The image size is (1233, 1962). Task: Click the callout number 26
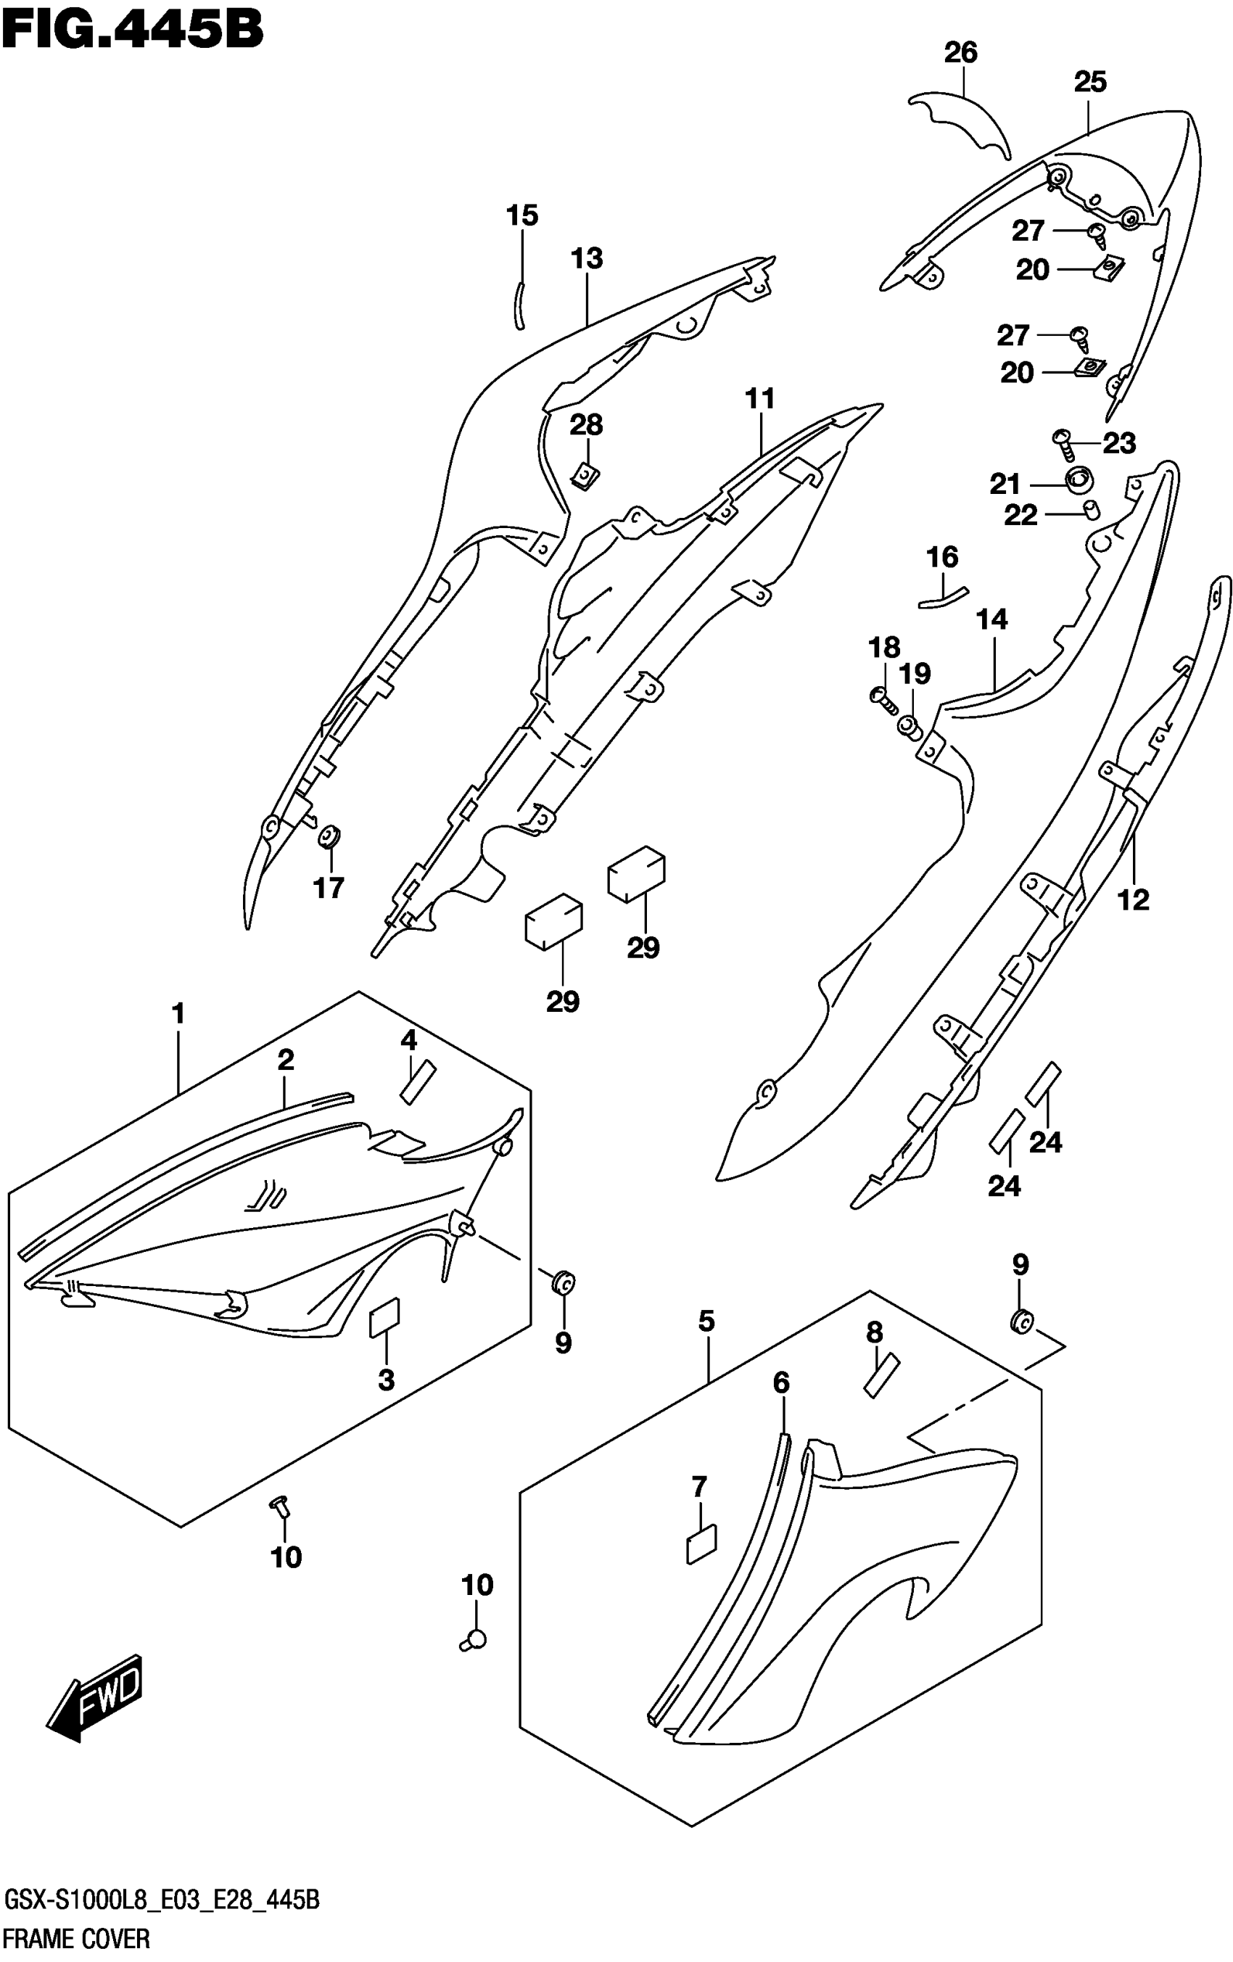click(x=960, y=53)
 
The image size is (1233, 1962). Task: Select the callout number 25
click(x=1089, y=82)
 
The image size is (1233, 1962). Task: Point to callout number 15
click(x=521, y=216)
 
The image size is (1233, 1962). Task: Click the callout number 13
click(x=587, y=259)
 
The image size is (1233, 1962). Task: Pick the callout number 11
click(x=759, y=399)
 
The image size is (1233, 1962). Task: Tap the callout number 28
click(x=586, y=424)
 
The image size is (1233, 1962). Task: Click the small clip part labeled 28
click(x=585, y=475)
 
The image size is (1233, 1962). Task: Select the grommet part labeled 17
click(x=330, y=836)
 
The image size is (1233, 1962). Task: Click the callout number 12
click(x=1133, y=900)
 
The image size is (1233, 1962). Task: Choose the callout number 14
click(x=991, y=620)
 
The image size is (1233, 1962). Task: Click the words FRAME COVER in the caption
click(x=78, y=1937)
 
